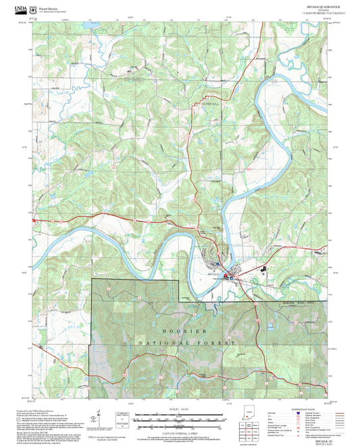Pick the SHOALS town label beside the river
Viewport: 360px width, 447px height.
(213, 275)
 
